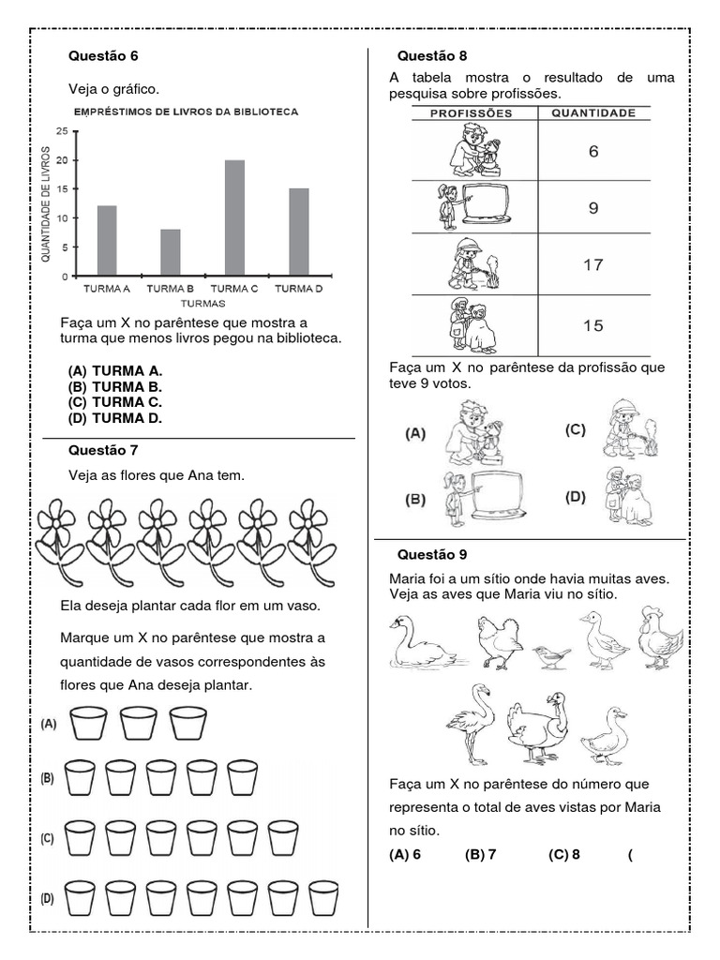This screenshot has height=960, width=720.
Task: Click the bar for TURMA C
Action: coord(234,218)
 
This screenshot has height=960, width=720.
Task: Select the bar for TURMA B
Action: coord(171,252)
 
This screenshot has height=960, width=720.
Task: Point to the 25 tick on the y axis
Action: coord(61,132)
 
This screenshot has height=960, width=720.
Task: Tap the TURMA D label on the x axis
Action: coord(298,289)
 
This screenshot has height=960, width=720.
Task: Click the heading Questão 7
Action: coord(103,450)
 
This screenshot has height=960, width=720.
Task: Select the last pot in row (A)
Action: coord(187,723)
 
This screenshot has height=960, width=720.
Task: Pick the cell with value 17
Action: coord(592,265)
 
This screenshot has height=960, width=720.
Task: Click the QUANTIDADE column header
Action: coord(592,113)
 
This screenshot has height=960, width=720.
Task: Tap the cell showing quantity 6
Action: coord(592,151)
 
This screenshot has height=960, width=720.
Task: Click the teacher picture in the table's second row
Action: coord(473,206)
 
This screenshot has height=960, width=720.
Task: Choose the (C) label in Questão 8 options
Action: coord(575,429)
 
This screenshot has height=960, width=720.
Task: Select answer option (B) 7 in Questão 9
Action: coord(478,854)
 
